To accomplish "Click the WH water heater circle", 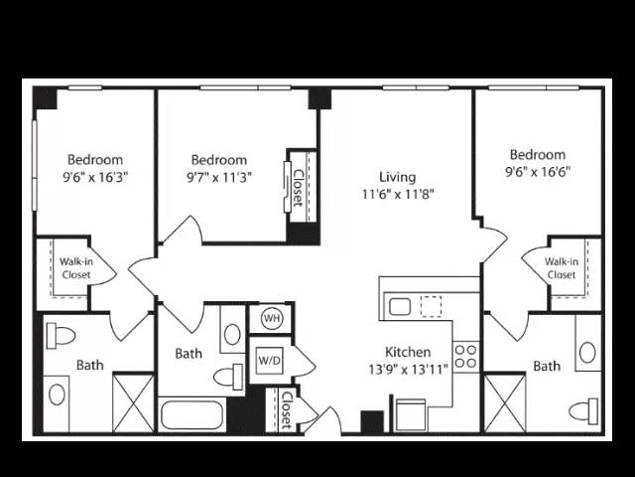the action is click(272, 318).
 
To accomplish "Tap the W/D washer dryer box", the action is click(269, 360).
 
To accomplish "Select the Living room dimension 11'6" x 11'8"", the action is click(398, 195).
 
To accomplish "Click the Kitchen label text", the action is click(408, 352).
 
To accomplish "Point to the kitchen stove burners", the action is click(465, 357).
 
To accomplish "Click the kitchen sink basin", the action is click(400, 307).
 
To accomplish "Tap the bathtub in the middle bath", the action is click(191, 414).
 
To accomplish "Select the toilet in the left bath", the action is click(61, 336).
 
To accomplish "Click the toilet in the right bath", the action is click(583, 411).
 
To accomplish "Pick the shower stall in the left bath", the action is click(133, 403).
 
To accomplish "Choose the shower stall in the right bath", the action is click(505, 403).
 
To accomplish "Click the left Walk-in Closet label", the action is click(76, 268).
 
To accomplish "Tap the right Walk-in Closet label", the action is click(561, 268).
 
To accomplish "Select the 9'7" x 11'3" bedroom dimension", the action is click(219, 177).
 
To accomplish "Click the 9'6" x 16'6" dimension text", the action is click(538, 172).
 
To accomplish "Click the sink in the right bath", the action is click(587, 352).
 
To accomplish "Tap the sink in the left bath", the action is click(57, 395).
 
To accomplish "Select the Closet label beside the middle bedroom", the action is click(298, 188).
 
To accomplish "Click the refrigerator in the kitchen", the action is click(411, 415).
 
